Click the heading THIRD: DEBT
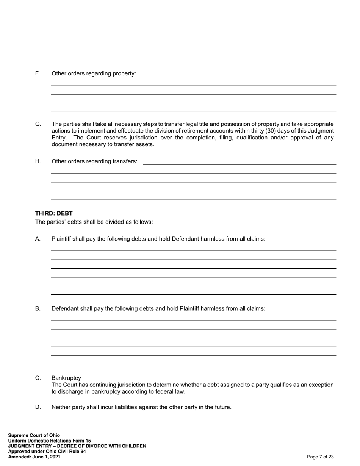[x=54, y=213]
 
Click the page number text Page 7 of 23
[x=320, y=457]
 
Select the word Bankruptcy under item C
[x=66, y=378]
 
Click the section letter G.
[x=38, y=124]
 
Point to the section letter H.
[x=38, y=161]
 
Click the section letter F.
[x=38, y=73]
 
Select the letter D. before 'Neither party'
[x=38, y=407]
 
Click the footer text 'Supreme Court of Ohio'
[x=34, y=435]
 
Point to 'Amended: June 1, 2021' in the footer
[x=34, y=457]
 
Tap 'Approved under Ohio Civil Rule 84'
[x=47, y=452]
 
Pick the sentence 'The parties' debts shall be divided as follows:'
[x=94, y=222]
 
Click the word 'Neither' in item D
[x=61, y=407]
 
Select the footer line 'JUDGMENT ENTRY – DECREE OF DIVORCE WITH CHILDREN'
[x=77, y=446]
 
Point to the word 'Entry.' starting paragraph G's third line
[x=59, y=138]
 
